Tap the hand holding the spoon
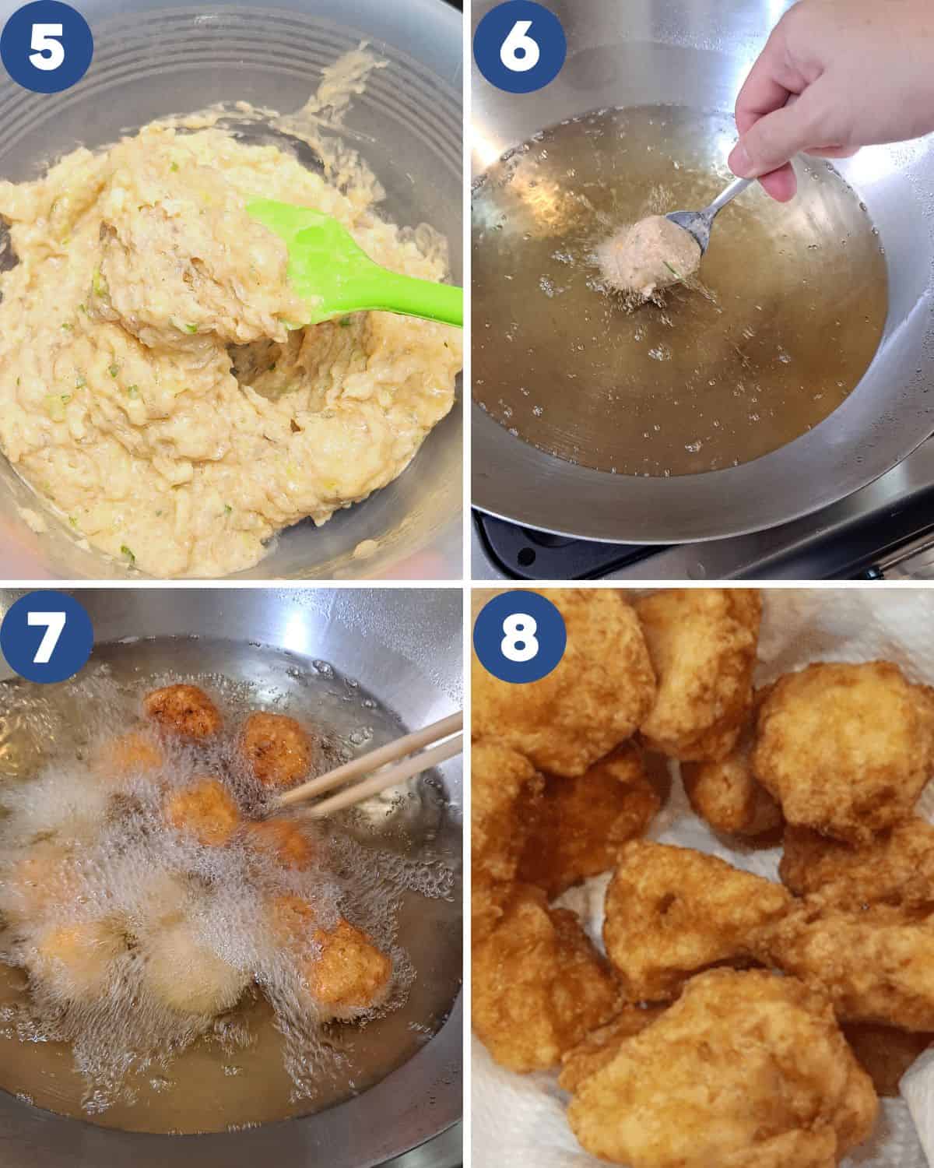point(825,93)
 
